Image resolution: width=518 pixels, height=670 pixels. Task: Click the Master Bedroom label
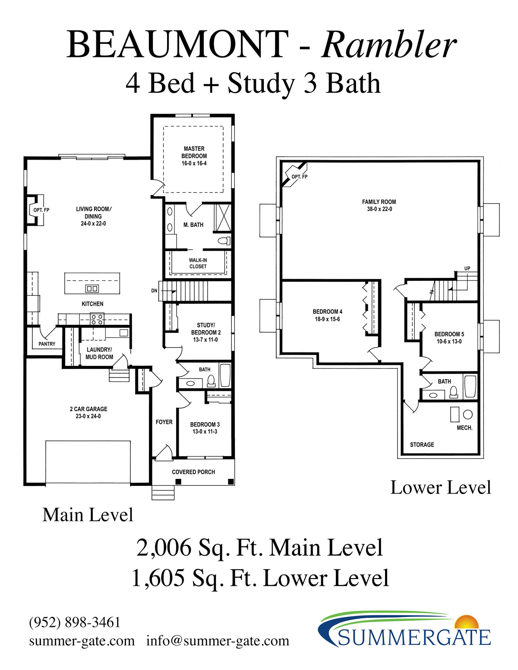194,152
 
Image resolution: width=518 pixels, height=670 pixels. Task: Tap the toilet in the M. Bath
224,241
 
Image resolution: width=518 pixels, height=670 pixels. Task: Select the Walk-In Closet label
198,263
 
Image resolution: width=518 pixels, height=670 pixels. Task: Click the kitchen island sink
92,289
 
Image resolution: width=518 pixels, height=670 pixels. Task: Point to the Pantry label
47,344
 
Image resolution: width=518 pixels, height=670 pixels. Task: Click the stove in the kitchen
97,319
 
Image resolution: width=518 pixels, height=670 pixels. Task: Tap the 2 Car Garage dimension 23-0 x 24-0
88,416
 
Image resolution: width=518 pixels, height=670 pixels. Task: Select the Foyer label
164,422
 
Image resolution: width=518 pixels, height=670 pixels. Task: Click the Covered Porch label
193,472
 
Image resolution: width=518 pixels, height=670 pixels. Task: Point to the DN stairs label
154,291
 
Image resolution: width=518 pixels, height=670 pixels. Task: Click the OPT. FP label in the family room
299,177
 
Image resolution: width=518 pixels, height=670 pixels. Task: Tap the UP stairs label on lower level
467,268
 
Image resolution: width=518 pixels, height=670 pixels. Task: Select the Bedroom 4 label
327,311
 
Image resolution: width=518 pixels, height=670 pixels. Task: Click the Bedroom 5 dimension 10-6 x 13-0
449,341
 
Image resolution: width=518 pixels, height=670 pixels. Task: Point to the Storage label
422,445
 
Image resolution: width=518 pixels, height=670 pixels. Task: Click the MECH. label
464,428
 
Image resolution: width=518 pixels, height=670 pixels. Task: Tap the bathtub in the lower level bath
470,386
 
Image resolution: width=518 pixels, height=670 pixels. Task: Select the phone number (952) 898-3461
74,622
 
